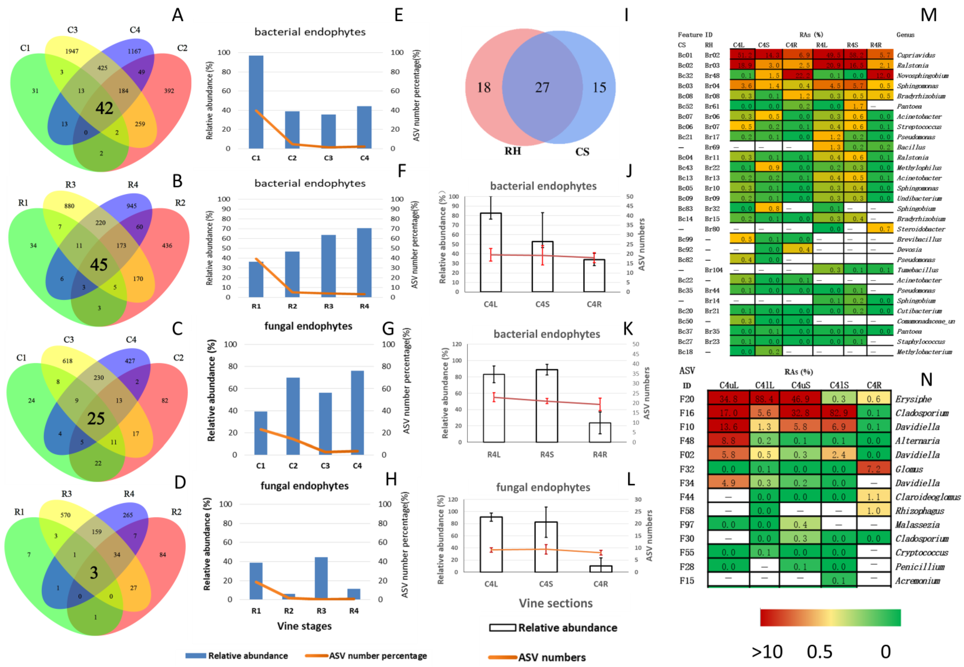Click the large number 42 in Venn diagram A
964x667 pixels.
[104, 108]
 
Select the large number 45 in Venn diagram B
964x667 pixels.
[99, 265]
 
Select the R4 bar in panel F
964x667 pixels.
[364, 263]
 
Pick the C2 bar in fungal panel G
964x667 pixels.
[293, 416]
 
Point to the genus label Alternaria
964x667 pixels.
[917, 441]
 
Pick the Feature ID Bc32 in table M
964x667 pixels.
[685, 76]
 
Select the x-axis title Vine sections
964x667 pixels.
[556, 603]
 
